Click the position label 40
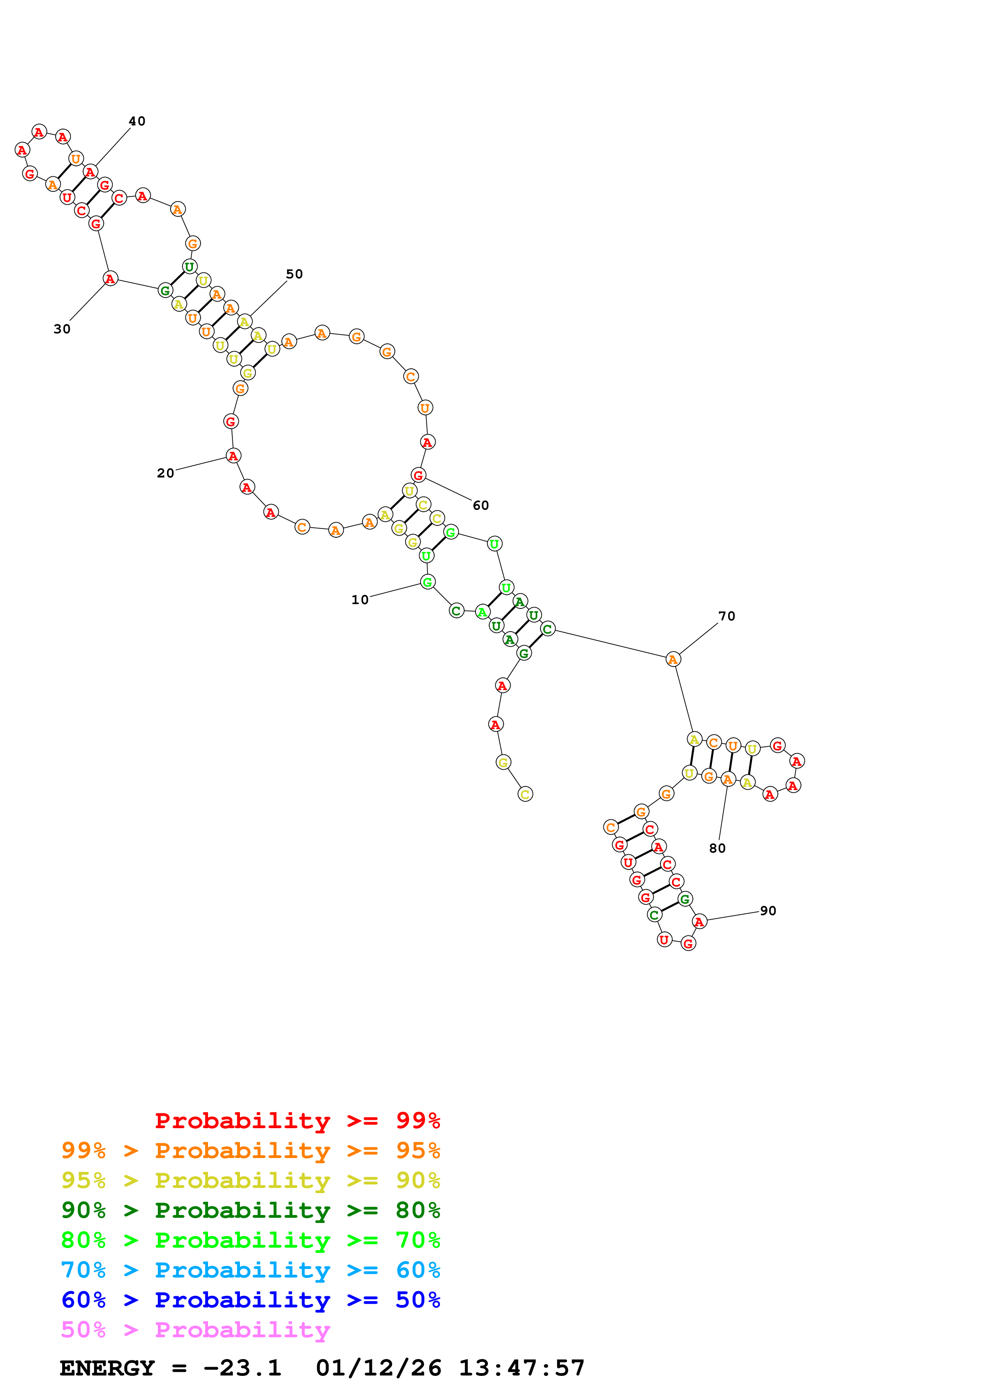(137, 121)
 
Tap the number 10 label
(360, 599)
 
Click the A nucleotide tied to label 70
(673, 659)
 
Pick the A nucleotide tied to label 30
(110, 279)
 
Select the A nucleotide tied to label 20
(233, 455)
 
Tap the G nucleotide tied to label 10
(427, 582)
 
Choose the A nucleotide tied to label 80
(727, 779)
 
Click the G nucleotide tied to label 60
(418, 475)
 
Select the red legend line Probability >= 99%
(297, 1120)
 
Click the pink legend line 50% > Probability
(195, 1329)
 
